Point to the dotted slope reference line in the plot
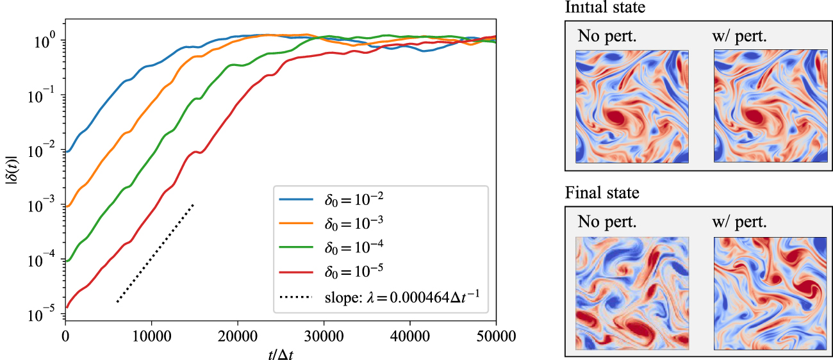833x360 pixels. tap(155, 253)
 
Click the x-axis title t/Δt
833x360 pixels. tap(280, 352)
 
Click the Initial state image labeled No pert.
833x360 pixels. tap(632, 106)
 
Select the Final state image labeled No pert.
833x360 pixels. tap(632, 292)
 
